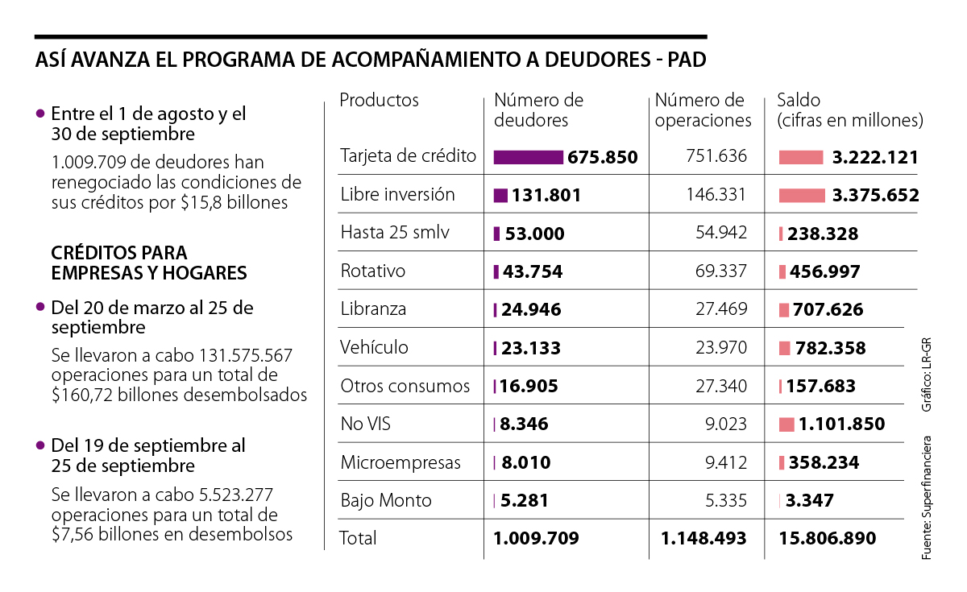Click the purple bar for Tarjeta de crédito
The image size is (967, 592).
528,157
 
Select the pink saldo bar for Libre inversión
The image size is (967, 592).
802,195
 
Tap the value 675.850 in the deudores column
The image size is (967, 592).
602,157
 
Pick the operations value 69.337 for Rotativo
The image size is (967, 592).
721,271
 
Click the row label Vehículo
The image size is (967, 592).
374,348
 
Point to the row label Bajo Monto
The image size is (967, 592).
385,500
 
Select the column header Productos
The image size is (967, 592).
379,101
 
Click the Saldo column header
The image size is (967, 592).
798,101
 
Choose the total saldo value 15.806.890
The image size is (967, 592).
828,538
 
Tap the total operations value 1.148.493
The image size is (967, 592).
703,538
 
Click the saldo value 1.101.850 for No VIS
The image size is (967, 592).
842,424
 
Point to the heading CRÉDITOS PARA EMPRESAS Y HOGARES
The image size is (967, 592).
149,263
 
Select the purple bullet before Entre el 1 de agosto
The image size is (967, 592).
39,114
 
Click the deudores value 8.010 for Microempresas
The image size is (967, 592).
525,463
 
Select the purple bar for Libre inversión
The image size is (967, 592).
500,195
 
